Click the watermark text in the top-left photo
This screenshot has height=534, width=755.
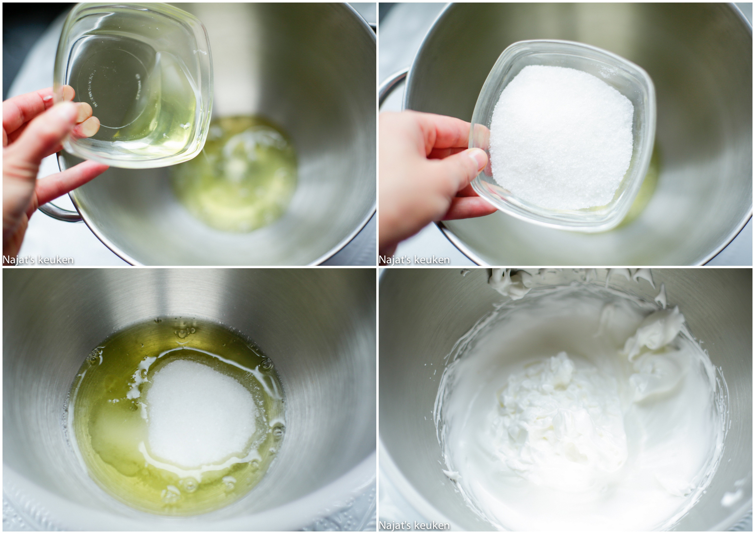point(38,260)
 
